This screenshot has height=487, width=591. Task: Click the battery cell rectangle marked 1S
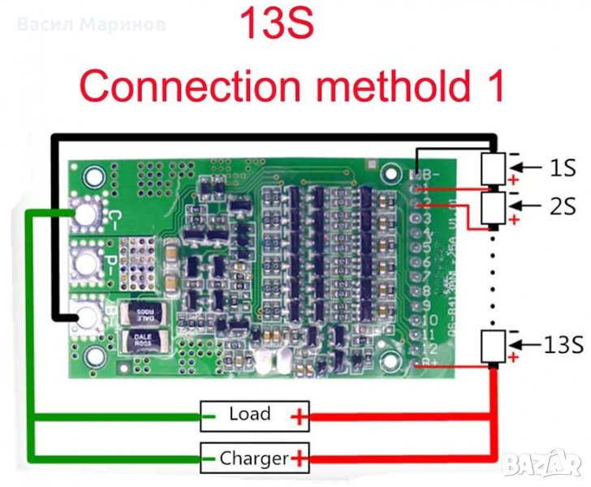[494, 169]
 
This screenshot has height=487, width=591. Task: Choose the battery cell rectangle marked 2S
[494, 208]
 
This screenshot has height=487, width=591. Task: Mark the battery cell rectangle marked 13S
[494, 346]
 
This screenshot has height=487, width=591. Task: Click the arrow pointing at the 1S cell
[529, 169]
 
